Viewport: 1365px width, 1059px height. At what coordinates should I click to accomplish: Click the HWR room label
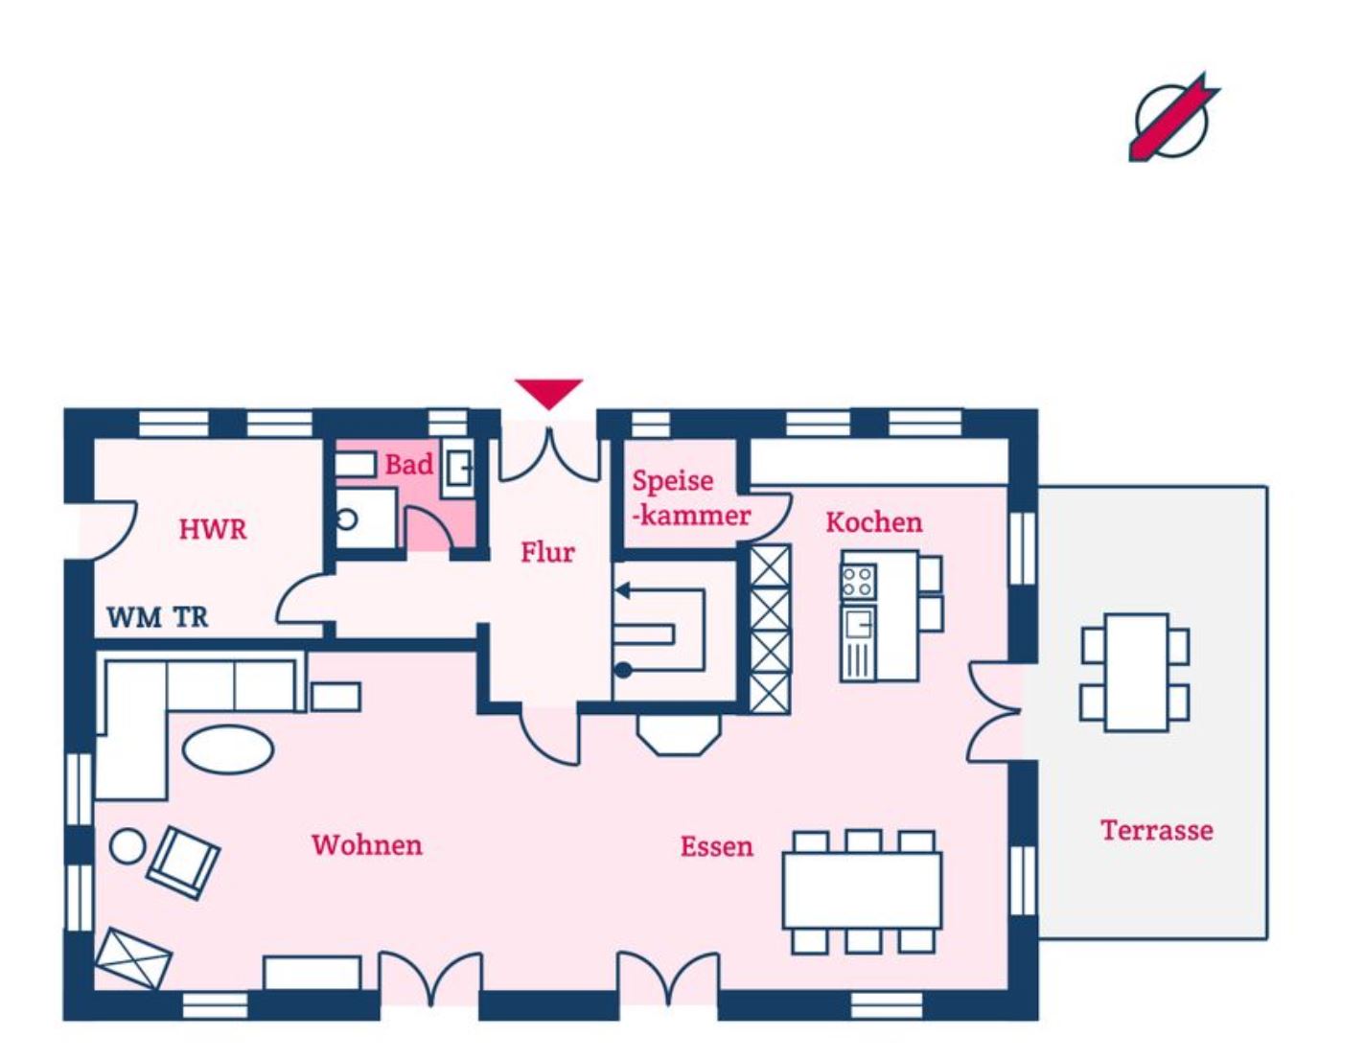(213, 529)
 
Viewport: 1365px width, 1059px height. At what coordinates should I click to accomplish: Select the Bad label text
(409, 465)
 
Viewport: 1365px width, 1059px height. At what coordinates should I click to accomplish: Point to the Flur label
(547, 552)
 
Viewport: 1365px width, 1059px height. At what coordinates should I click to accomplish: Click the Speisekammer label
(691, 498)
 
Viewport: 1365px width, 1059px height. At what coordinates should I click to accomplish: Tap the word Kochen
(874, 522)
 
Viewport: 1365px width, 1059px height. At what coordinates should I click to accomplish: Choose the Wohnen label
(367, 845)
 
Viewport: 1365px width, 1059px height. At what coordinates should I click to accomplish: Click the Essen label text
(717, 847)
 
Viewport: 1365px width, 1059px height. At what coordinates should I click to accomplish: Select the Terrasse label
(1156, 831)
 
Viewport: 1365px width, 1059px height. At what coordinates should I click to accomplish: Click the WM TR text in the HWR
(157, 618)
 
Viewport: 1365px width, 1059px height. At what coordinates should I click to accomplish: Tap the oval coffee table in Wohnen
(228, 749)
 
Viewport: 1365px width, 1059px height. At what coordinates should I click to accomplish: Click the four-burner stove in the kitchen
(858, 582)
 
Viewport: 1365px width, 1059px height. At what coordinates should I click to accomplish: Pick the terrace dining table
(1136, 673)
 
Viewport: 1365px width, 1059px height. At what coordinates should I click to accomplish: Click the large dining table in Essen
(862, 890)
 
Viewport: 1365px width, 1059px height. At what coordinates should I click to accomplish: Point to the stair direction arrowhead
(621, 590)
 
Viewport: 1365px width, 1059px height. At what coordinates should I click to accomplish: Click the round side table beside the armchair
(127, 845)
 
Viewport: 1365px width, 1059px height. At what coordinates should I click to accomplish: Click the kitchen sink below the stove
(858, 624)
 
